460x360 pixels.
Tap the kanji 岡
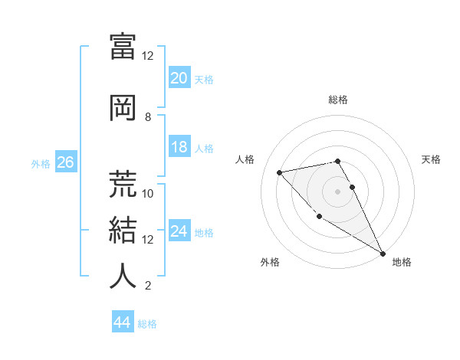pos(123,108)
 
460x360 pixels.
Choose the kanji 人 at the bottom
pos(123,276)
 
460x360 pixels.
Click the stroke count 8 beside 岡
pos(148,117)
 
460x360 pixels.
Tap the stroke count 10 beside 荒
pos(148,193)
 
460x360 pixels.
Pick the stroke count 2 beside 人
pos(148,286)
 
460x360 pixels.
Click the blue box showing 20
pos(179,78)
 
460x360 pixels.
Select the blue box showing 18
pos(179,147)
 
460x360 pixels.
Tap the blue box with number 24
pos(179,231)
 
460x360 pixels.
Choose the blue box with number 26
pos(65,162)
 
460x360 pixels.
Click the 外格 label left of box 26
pos(41,163)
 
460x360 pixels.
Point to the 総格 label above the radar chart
pos(338,100)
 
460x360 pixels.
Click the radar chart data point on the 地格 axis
pos(383,254)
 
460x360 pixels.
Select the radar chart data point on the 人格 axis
pos(280,172)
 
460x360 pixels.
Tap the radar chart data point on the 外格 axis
pos(319,216)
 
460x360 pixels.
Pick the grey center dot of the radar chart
pos(337,191)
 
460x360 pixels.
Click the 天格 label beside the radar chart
pos(432,159)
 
